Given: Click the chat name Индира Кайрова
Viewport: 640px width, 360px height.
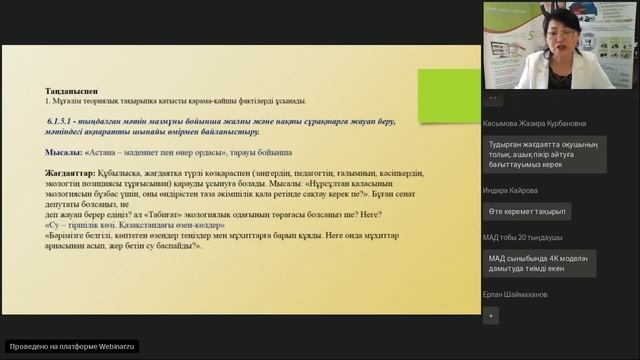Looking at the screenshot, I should coord(509,190).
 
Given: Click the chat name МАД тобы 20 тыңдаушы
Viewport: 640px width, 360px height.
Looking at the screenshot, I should coord(522,237).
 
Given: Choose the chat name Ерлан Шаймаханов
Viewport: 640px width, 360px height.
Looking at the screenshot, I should coord(522,294).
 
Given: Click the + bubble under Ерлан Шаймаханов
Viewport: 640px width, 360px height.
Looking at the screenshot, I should coord(490,315).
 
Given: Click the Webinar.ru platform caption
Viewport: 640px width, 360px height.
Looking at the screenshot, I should coord(72,347).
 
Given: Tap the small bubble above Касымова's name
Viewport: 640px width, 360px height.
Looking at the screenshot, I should coord(490,99).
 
